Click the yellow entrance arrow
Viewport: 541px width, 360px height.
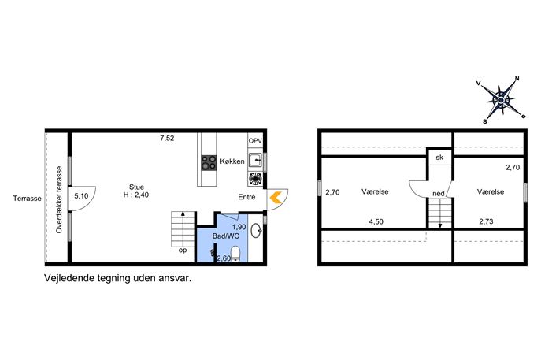click(275, 198)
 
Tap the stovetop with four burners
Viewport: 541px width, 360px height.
click(209, 162)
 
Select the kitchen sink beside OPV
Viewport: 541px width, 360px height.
click(255, 160)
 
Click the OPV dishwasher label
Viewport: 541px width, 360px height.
click(255, 141)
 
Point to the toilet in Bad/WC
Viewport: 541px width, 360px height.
click(235, 253)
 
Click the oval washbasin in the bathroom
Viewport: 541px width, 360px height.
click(256, 231)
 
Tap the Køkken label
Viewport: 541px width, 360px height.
click(232, 161)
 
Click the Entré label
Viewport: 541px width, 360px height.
click(246, 197)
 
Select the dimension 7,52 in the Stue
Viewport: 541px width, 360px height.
click(167, 139)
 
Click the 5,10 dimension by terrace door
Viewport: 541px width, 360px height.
click(81, 196)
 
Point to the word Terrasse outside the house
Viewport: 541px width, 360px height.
click(28, 199)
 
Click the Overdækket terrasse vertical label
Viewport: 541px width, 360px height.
click(59, 199)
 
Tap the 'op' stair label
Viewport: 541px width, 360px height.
click(183, 251)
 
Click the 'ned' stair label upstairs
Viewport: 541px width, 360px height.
click(439, 194)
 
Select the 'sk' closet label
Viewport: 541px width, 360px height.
click(439, 158)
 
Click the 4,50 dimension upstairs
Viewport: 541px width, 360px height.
click(376, 221)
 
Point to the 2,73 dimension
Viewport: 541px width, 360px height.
click(486, 221)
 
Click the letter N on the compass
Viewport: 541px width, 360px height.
click(517, 79)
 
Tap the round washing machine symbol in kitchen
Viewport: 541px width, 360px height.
click(255, 179)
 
